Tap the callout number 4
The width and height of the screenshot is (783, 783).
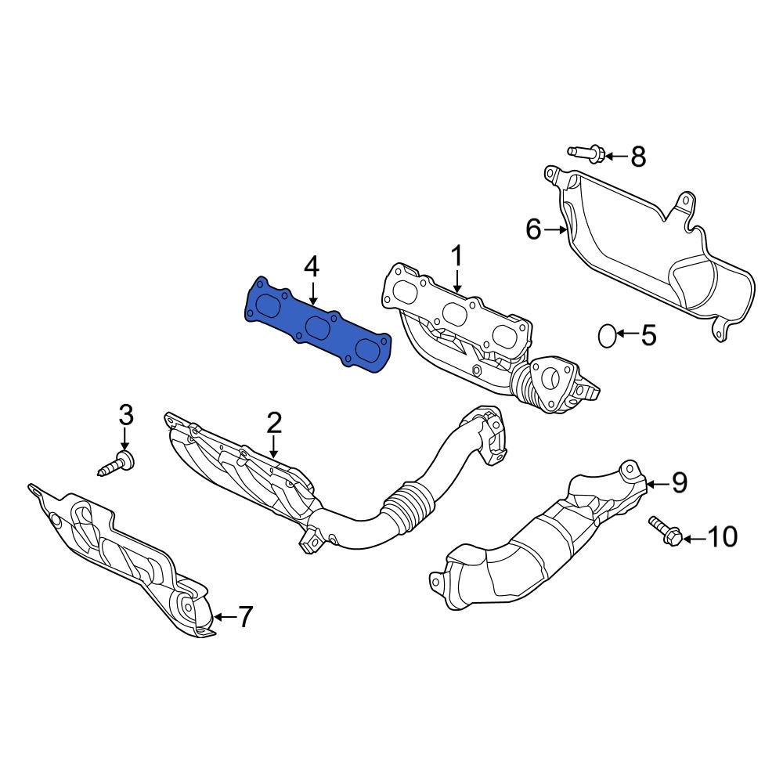click(312, 269)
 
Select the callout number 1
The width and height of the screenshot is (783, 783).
click(456, 256)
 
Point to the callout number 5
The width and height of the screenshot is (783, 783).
click(648, 336)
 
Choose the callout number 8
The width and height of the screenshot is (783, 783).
click(638, 157)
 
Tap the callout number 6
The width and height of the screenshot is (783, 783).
click(533, 229)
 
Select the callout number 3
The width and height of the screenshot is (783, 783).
click(126, 414)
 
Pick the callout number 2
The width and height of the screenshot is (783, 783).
click(273, 424)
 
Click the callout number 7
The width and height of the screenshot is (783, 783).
click(245, 618)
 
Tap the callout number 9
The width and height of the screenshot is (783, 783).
click(678, 483)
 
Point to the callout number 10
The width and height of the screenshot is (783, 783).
click(722, 537)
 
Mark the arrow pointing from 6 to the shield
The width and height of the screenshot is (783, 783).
click(556, 229)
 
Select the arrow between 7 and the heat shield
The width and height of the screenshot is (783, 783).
click(223, 617)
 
